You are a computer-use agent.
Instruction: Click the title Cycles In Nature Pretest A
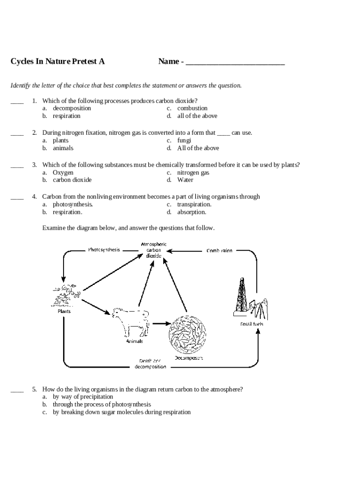(58, 61)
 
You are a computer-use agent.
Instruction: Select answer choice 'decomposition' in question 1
(72, 108)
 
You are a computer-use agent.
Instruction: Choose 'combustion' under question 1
(192, 108)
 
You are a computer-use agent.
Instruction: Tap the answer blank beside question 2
(17, 133)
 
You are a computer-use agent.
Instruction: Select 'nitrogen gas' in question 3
(193, 173)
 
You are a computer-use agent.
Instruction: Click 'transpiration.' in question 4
(194, 204)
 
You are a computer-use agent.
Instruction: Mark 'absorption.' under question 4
(191, 212)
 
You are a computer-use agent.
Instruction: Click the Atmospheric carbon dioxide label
(153, 250)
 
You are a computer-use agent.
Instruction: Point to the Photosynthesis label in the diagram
(104, 250)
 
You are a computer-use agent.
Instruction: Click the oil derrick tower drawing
(242, 297)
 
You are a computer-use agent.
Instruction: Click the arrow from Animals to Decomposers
(160, 323)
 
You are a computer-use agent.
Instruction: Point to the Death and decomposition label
(150, 363)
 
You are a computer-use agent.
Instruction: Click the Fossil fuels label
(252, 324)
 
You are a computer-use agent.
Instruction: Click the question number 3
(35, 165)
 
